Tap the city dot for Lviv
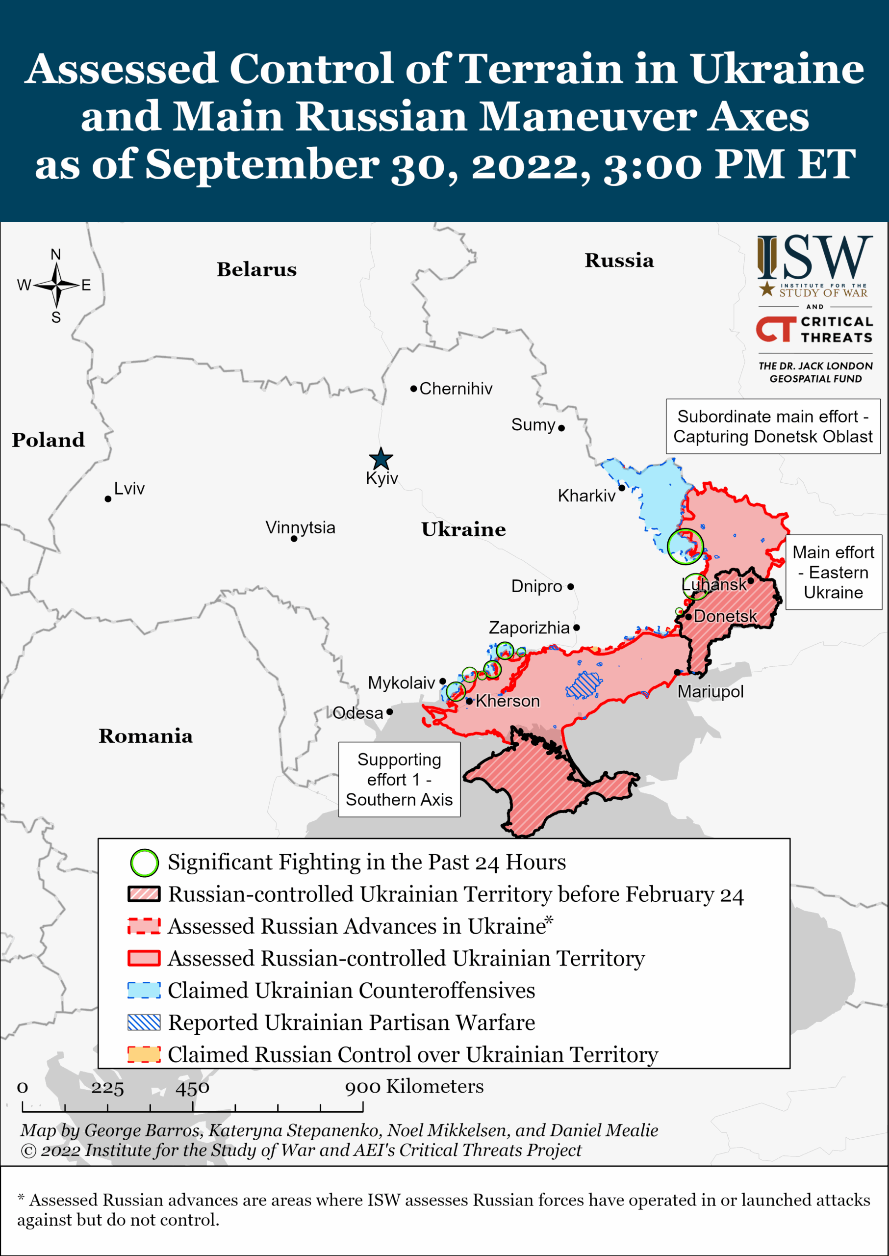[108, 499]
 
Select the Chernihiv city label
[456, 389]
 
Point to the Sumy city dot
[561, 428]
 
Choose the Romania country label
[146, 736]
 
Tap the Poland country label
[48, 440]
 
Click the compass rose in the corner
[56, 286]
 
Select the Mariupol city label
[710, 692]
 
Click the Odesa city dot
[389, 712]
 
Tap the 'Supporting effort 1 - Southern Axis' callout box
[399, 780]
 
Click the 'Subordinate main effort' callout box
[772, 427]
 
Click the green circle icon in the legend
[144, 863]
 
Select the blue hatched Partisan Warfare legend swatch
[144, 1022]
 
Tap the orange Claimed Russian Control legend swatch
[144, 1054]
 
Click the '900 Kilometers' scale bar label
[414, 1086]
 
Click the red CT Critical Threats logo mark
[776, 329]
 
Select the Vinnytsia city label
[300, 527]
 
